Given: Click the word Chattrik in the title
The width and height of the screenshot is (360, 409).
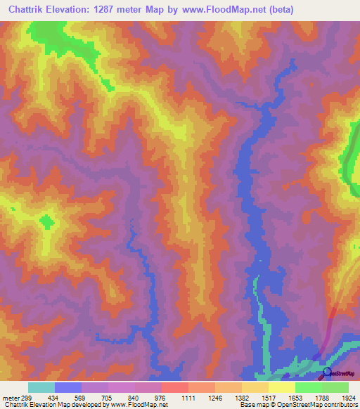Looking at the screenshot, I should [x=27, y=10].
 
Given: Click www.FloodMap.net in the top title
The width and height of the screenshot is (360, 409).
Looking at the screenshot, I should [x=221, y=10].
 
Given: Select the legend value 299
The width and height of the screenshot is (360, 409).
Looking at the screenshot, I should [x=27, y=397].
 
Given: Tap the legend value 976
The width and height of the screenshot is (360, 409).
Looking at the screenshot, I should [x=160, y=397].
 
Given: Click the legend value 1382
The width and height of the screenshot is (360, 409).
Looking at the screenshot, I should [x=240, y=397].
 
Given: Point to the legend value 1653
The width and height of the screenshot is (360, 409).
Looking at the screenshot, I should [x=295, y=397].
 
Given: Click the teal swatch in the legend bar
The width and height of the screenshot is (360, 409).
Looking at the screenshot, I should [x=41, y=387].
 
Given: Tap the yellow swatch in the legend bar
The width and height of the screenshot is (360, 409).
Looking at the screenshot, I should [x=281, y=387].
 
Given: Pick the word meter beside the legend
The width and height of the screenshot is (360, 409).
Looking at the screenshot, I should [x=11, y=397].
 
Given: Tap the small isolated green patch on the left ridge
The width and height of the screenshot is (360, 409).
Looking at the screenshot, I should [x=47, y=223].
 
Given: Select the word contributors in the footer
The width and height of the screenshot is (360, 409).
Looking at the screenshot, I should [x=340, y=405].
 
